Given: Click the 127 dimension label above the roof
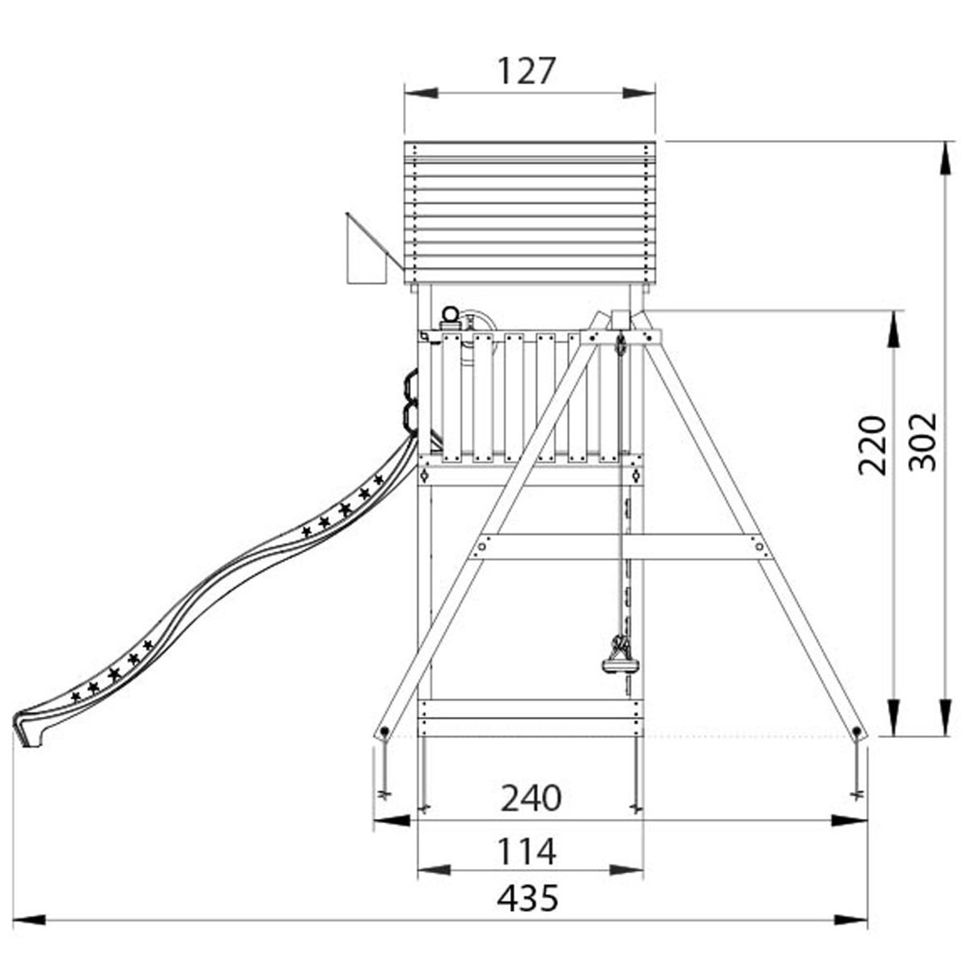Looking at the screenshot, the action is pos(527,70).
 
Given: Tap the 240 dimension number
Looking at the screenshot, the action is pos(531,799).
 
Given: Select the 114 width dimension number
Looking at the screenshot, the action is pos(527,851).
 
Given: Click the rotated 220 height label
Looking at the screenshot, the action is pos(871,445).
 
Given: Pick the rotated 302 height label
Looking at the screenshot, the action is pos(922,442).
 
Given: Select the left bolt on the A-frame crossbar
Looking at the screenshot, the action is pos(481,545).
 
